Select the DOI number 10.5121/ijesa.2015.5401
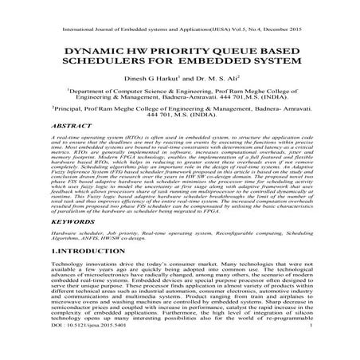65,347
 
